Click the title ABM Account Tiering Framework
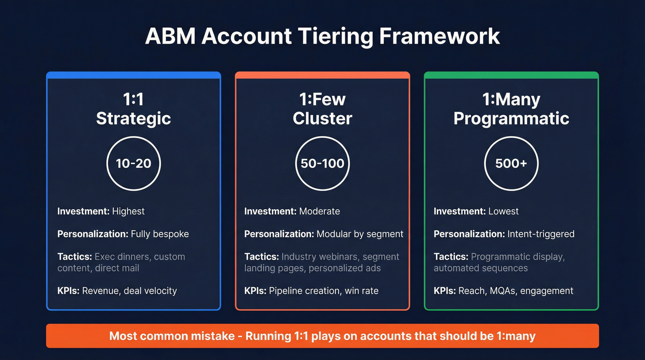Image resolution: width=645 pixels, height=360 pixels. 322,36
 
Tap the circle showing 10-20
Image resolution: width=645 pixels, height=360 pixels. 134,163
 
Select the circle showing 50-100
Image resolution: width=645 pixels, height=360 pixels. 322,163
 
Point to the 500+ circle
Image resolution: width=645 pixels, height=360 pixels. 511,163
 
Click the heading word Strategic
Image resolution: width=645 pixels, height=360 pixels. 134,118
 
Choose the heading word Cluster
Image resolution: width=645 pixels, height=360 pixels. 322,118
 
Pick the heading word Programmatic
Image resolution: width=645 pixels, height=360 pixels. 511,118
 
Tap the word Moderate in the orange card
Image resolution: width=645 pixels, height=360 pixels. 319,212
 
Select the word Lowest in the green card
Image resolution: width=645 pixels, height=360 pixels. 504,212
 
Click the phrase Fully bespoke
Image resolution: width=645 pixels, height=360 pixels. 160,234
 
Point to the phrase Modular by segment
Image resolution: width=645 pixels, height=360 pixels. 360,234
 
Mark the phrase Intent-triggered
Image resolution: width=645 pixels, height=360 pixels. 541,234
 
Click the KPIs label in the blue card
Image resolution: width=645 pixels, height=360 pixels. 68,291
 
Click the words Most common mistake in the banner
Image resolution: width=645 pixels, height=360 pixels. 172,336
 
